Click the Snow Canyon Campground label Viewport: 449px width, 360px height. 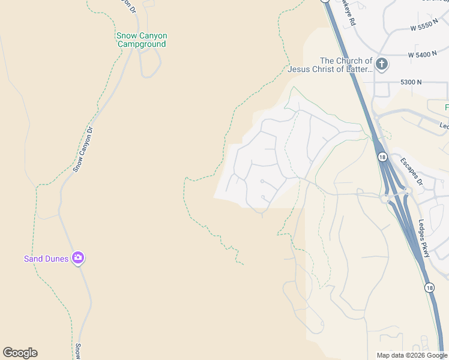click(x=142, y=40)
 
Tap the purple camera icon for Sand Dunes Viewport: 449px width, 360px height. click(x=78, y=259)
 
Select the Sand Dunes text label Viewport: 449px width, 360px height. click(x=46, y=259)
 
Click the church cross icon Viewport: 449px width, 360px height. click(x=382, y=64)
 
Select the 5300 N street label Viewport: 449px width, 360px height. click(x=411, y=82)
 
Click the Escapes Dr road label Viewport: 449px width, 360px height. click(x=411, y=172)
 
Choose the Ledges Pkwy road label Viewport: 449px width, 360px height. click(x=424, y=238)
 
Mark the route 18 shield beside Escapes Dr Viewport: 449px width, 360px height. click(x=382, y=157)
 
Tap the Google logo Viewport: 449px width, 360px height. click(x=20, y=353)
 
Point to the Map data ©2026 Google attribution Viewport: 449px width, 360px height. click(x=412, y=355)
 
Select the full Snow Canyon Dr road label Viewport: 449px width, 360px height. click(x=83, y=149)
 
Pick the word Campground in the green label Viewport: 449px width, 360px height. click(x=142, y=44)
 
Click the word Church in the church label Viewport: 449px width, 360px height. click(x=349, y=61)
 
